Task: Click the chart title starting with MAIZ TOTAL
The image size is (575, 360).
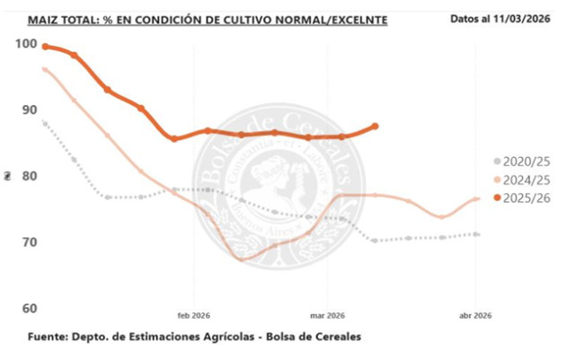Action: coord(208,19)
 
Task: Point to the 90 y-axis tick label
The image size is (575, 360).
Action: coord(29,110)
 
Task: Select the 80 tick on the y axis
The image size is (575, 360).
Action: coord(29,176)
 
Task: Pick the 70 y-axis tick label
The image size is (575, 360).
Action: coord(29,242)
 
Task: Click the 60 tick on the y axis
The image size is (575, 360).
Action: coord(29,309)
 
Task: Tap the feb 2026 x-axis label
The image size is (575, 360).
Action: coord(194,315)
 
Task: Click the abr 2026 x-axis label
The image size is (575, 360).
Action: coord(475,315)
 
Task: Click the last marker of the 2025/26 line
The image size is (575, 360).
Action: coord(375,127)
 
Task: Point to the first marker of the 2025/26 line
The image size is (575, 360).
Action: coord(45,47)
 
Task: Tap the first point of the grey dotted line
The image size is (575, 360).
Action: coord(45,123)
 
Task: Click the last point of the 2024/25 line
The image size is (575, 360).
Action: coord(477,198)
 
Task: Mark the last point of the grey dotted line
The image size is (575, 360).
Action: coord(477,234)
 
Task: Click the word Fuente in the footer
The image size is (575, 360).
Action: coord(52,338)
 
